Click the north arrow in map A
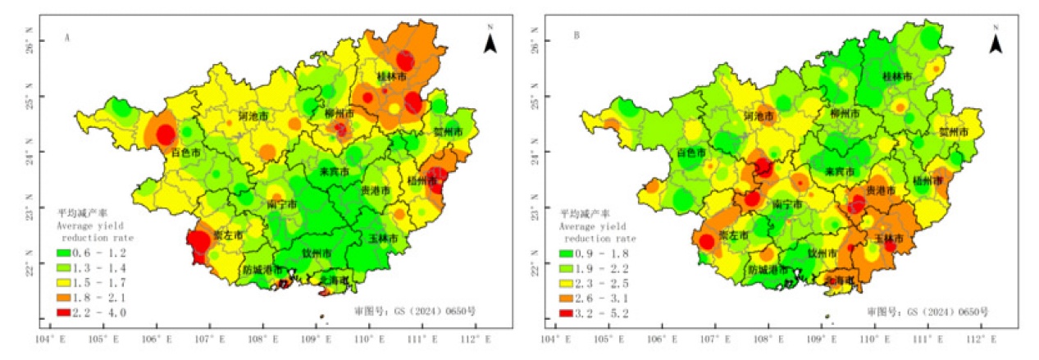click(490, 43)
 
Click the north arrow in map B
click(996, 43)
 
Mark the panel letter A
click(66, 37)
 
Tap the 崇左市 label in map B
click(734, 235)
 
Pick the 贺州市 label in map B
click(953, 131)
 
